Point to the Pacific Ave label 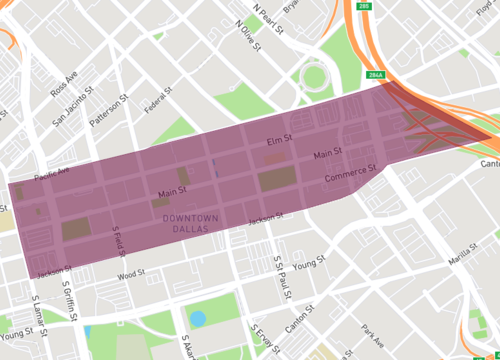tap(51, 175)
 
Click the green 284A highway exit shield tap(375, 75)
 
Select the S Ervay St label tap(264, 340)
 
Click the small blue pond tap(198, 319)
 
